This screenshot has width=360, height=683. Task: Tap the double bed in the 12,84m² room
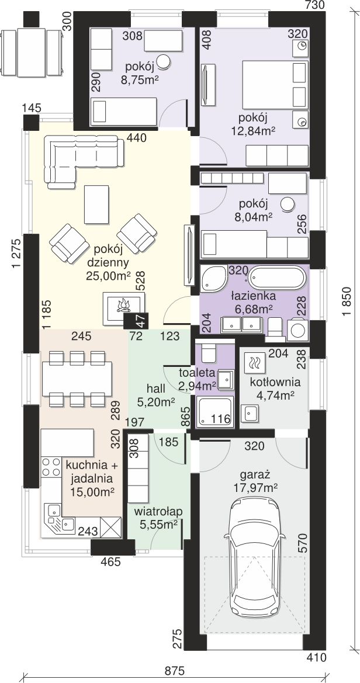275,85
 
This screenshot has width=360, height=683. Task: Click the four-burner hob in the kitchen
50,466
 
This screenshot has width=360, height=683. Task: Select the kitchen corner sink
59,518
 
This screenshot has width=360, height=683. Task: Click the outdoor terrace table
32,52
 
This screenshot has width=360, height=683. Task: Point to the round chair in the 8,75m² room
164,61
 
